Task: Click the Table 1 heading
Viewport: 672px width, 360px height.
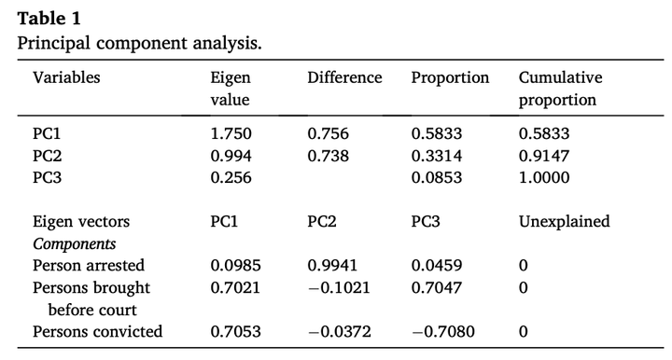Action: (x=49, y=19)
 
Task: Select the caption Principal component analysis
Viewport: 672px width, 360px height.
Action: (x=139, y=43)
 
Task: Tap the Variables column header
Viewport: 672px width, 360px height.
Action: (x=66, y=77)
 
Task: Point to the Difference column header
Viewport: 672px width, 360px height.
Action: (x=344, y=77)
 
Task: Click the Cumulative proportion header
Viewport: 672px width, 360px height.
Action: (x=561, y=89)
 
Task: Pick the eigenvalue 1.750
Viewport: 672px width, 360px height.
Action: (x=231, y=133)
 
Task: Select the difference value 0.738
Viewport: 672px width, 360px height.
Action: (x=328, y=156)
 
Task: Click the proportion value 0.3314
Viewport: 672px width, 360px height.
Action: (x=437, y=156)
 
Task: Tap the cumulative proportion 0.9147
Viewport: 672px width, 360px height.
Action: (x=544, y=156)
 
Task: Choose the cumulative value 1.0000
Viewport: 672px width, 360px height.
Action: (x=544, y=177)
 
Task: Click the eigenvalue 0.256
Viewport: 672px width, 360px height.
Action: (x=231, y=177)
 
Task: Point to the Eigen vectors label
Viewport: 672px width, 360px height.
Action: (x=81, y=221)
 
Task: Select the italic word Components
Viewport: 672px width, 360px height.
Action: (x=74, y=244)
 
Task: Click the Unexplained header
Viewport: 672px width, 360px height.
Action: (x=564, y=221)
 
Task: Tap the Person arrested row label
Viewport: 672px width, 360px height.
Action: (x=89, y=266)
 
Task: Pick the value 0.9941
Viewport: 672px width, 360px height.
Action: (x=332, y=266)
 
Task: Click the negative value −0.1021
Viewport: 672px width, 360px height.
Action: (x=339, y=287)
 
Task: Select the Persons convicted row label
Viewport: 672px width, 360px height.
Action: (x=97, y=332)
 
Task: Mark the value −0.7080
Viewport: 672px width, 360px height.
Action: (x=443, y=332)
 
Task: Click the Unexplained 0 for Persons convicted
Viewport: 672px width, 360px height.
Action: (x=523, y=332)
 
